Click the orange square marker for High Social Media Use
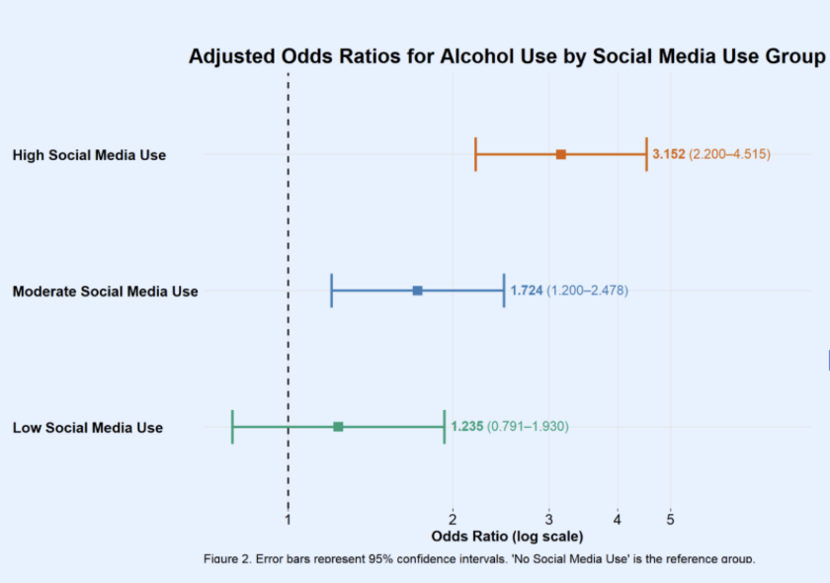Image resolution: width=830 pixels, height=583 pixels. [x=560, y=155]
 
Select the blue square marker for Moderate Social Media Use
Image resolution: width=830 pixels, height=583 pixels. [x=418, y=291]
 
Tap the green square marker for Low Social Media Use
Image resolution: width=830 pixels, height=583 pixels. [x=338, y=427]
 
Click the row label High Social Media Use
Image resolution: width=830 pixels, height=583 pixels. [x=89, y=155]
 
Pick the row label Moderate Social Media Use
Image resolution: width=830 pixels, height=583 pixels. [x=105, y=291]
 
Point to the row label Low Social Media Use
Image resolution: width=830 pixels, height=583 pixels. [x=88, y=428]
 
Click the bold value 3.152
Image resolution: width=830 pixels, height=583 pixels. [x=668, y=155]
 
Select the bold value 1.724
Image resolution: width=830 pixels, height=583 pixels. [x=527, y=291]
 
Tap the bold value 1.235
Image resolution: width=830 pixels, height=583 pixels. [x=466, y=427]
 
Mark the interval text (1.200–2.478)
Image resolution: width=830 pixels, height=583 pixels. [x=587, y=291]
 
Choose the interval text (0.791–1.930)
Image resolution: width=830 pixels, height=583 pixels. [x=528, y=427]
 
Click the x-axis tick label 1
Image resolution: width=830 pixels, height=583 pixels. [x=288, y=518]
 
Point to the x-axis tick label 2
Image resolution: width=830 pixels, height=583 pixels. [x=453, y=518]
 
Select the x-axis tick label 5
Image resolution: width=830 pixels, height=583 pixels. [x=670, y=518]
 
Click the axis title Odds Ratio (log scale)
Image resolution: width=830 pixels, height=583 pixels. [x=508, y=537]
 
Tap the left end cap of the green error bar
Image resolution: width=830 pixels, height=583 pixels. [x=232, y=427]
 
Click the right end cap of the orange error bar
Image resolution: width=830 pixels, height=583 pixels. [x=646, y=155]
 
